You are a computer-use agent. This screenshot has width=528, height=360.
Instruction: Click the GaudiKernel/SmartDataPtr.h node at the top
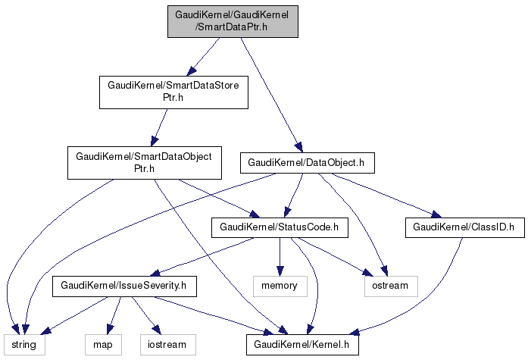tap(233, 20)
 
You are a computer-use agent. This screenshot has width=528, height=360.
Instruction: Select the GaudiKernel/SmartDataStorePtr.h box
tap(174, 92)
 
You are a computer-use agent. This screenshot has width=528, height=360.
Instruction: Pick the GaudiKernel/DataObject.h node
tap(306, 162)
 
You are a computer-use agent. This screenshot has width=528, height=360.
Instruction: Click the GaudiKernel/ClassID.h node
tap(464, 226)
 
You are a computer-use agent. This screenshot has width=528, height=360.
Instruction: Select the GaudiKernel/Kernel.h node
tap(301, 345)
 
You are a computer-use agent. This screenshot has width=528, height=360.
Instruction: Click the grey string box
tap(23, 345)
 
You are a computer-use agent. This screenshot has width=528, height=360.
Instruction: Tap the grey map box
tap(102, 345)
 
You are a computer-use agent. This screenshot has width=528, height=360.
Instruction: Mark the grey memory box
tap(280, 286)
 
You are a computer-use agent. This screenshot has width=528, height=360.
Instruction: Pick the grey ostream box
tap(391, 286)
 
